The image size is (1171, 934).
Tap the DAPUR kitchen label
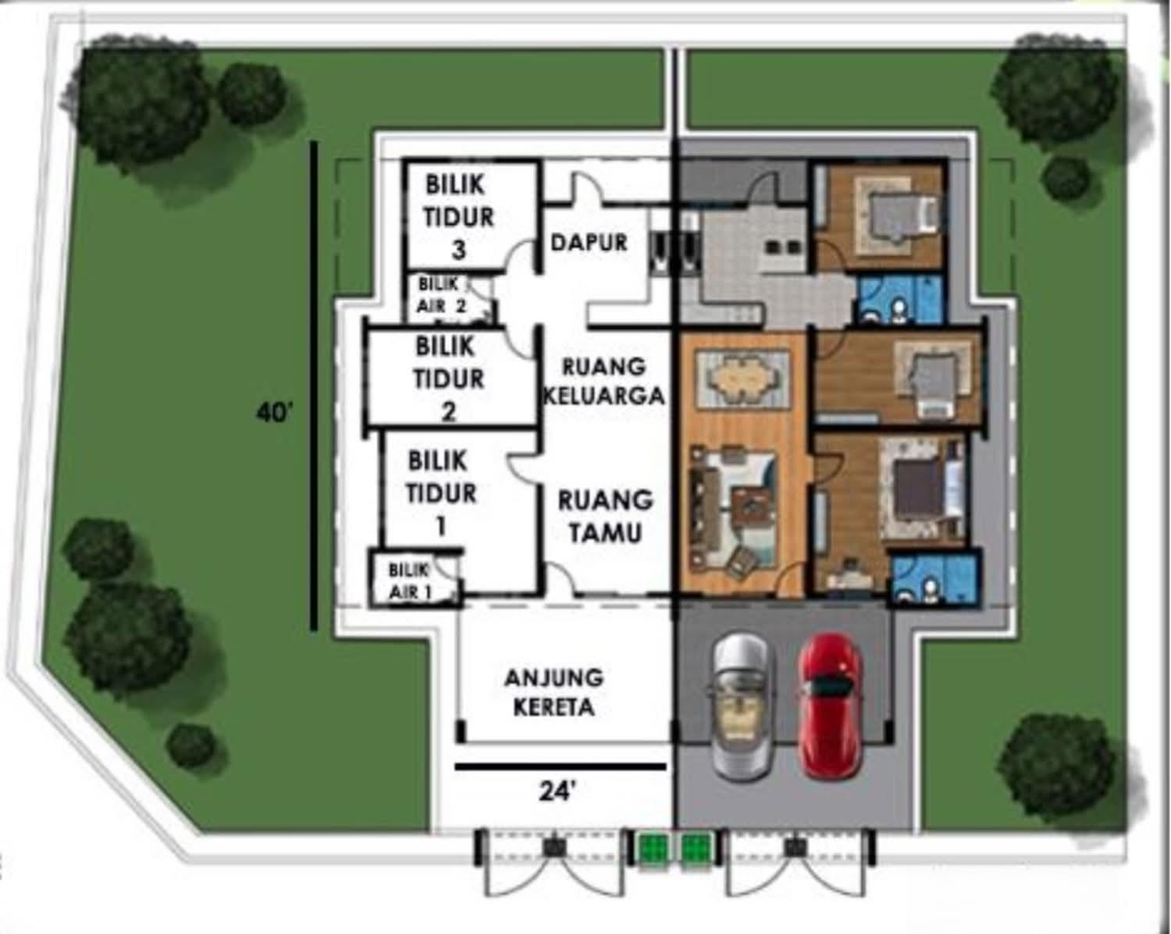coord(589,243)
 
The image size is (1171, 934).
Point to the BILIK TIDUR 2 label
coord(448,379)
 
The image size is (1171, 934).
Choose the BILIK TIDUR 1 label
coord(441,493)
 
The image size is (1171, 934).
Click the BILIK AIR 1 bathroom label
coord(409,581)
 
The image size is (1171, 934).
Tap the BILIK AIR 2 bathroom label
coord(441,295)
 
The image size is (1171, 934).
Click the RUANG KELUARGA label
coord(604,382)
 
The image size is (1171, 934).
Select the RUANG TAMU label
coord(605,517)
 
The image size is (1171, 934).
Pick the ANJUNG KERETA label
coord(554,692)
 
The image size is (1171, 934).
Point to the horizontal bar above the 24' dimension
coord(561,767)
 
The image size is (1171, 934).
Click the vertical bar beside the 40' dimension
coord(314,385)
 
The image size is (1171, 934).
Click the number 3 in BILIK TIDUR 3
coord(459,250)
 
